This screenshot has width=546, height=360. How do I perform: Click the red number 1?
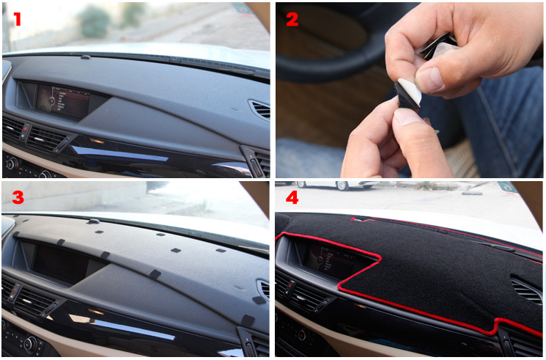point(17,19)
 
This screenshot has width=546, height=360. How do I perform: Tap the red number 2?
point(292,19)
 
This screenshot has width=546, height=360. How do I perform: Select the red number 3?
point(18,197)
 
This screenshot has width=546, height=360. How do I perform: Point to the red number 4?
point(292,198)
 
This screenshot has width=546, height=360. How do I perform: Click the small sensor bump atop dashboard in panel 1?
point(85,56)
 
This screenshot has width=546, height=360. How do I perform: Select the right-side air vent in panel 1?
point(260,110)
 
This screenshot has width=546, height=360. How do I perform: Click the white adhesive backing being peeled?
point(410,91)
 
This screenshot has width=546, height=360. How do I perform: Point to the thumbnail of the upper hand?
point(429,79)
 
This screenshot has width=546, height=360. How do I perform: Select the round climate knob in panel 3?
point(31,344)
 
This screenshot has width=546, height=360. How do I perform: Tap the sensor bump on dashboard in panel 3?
point(93,221)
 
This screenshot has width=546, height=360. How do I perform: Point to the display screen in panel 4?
point(329,259)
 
